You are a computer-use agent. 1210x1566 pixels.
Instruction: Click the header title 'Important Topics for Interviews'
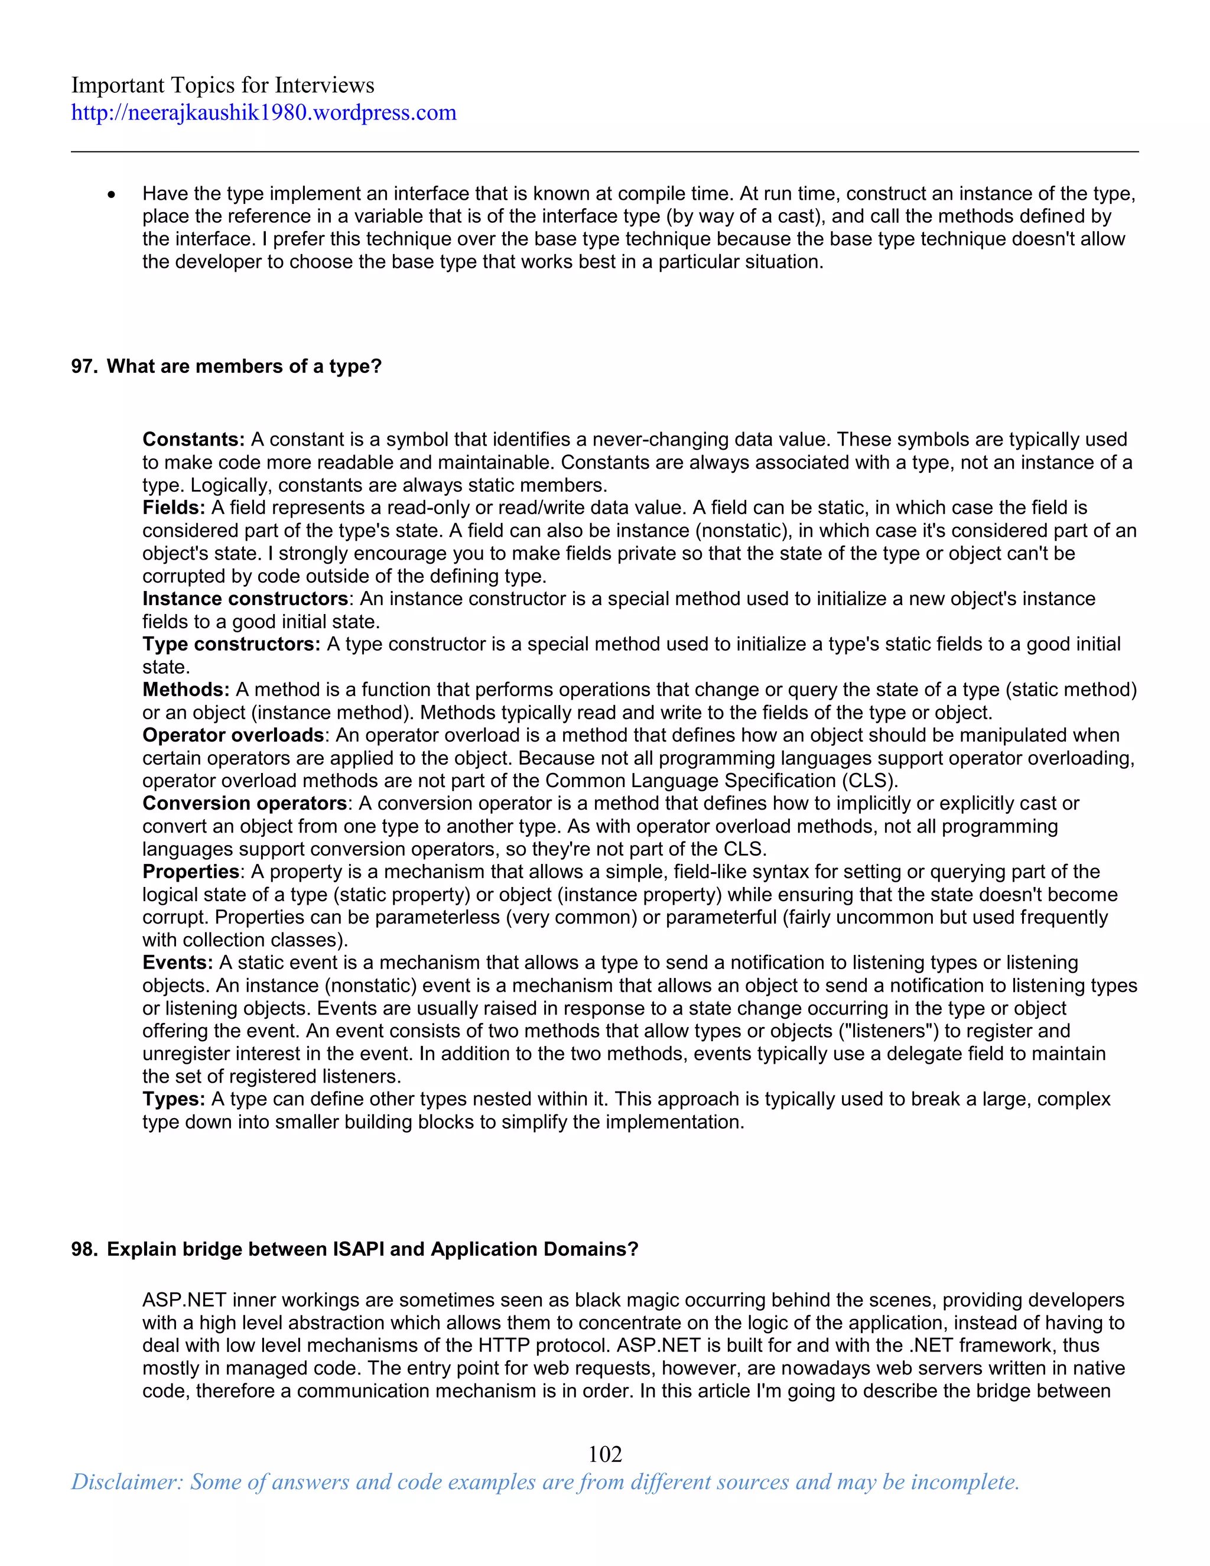(222, 85)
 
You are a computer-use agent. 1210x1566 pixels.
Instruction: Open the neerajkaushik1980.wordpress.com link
(263, 112)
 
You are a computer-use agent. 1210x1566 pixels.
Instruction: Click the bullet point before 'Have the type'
(111, 195)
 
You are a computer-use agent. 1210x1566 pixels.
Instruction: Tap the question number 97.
(83, 366)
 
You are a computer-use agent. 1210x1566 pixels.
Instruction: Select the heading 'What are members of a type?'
(244, 366)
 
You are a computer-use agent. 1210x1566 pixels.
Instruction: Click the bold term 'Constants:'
(194, 440)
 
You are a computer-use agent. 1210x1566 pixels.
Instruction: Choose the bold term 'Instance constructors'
(245, 599)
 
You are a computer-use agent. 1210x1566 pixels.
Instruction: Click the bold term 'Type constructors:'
(231, 644)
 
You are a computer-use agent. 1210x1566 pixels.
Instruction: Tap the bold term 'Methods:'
(186, 690)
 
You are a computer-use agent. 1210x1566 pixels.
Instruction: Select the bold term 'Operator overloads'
(233, 735)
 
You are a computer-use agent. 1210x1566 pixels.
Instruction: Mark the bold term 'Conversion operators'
(245, 803)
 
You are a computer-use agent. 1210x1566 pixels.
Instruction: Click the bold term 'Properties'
(191, 872)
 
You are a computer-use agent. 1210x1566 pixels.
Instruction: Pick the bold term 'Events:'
(177, 963)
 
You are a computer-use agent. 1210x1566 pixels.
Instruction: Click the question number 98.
(83, 1249)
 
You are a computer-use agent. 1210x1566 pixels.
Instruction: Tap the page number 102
(605, 1454)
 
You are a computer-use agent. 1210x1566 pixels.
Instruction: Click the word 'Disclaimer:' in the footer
(128, 1482)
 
